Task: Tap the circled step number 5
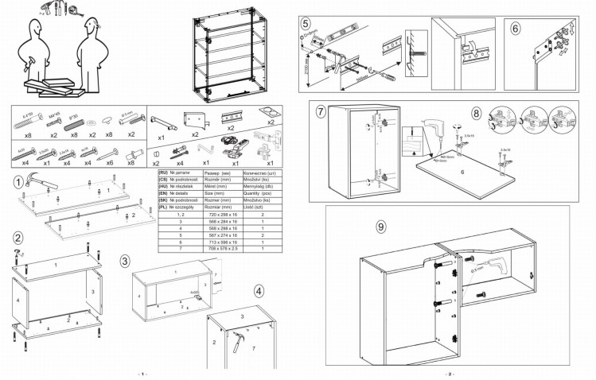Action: pyautogui.click(x=306, y=24)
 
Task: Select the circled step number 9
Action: pyautogui.click(x=381, y=227)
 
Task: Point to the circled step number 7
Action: pyautogui.click(x=321, y=111)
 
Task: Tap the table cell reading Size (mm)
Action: pyautogui.click(x=216, y=192)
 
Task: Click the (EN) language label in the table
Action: pyautogui.click(x=163, y=192)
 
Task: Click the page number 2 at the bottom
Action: pyautogui.click(x=448, y=373)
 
